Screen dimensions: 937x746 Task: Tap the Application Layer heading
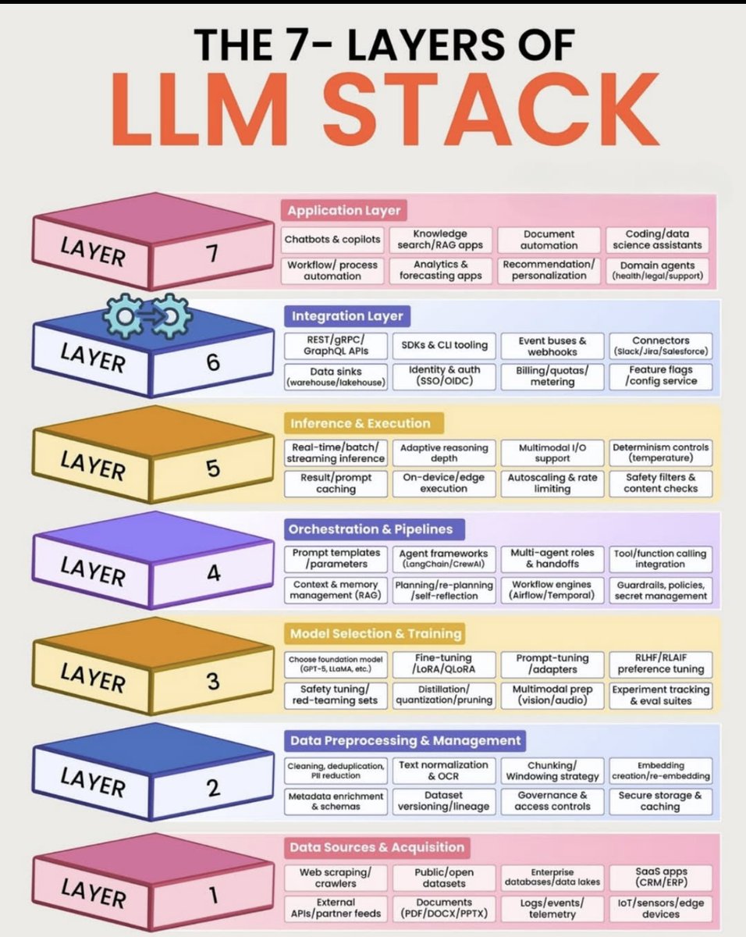343,210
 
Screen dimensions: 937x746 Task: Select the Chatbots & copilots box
333,240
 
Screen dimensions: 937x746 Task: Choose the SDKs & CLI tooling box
444,345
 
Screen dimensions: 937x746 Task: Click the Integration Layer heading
347,316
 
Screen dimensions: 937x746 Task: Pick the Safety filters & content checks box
659,483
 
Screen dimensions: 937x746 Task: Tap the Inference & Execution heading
360,423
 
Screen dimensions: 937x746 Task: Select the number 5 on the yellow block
212,468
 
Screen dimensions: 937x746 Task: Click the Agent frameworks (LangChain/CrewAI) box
443,558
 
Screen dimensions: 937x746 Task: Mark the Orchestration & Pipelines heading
370,529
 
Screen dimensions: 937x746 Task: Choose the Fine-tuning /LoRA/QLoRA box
443,664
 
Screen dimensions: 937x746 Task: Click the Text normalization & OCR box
443,771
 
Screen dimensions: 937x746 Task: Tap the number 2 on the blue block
213,789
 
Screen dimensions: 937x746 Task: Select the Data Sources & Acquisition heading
376,847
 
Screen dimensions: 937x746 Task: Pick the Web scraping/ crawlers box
336,878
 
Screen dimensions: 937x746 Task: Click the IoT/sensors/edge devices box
659,907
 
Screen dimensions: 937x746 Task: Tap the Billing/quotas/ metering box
552,376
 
